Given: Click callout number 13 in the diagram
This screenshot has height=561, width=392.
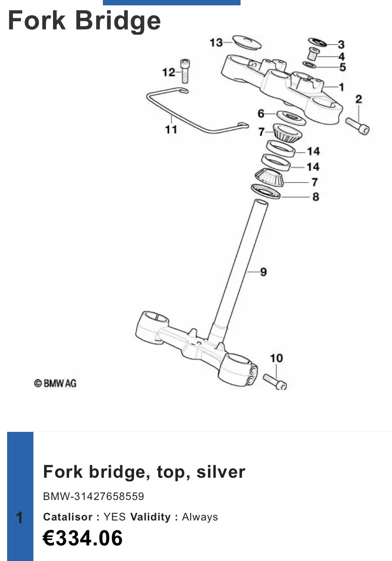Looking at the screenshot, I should point(216,43).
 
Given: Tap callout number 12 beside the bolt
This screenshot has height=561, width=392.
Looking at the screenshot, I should point(169,72).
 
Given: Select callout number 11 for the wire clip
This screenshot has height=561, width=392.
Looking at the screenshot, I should point(171,130).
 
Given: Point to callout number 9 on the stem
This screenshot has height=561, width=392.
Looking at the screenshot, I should point(263,272).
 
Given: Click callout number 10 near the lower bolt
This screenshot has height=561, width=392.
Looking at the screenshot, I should point(276,358).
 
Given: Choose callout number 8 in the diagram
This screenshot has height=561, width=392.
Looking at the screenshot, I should point(315,196).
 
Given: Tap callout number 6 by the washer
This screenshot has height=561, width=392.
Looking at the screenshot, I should point(261,114).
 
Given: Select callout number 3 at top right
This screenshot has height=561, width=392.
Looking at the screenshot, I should point(341,44).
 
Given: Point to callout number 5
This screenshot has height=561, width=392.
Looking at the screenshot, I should point(342,67).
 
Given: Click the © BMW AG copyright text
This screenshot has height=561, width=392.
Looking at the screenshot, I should point(55,383).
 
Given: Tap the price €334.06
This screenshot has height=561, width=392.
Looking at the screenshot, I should point(83,538).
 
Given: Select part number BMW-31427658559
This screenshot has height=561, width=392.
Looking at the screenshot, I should point(94,496).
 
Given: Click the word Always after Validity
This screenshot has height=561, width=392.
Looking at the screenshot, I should point(200,517).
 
